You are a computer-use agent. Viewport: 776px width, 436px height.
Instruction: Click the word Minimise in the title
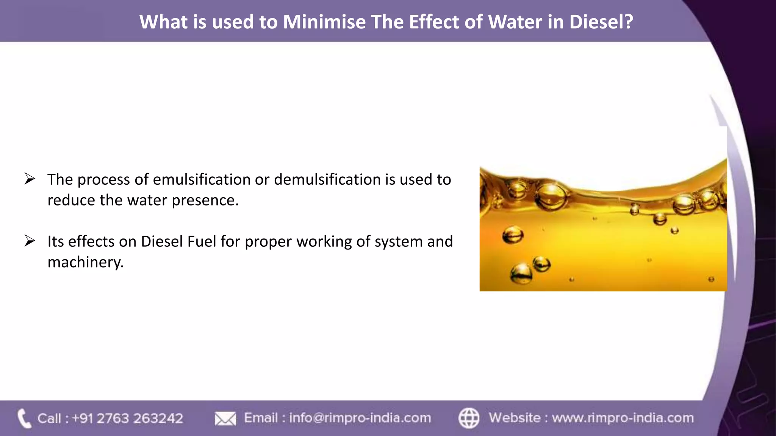pos(324,22)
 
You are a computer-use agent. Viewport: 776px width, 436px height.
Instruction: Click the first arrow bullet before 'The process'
pos(30,179)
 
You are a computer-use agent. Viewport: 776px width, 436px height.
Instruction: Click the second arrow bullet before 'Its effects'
pos(30,241)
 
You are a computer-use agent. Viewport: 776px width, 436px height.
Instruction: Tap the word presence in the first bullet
pos(205,201)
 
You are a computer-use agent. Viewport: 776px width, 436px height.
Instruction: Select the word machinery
pos(85,262)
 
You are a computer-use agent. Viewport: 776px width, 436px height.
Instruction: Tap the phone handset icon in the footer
pos(24,418)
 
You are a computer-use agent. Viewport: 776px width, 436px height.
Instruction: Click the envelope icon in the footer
pos(225,419)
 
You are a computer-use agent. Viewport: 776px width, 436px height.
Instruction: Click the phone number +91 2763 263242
pos(127,419)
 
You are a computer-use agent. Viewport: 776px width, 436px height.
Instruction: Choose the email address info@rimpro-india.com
pos(360,418)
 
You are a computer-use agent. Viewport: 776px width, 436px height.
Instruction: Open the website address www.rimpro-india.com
pos(623,418)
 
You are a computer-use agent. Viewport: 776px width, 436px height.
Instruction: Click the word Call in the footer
pos(49,419)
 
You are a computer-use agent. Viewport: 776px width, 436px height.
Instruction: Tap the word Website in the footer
pos(515,418)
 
